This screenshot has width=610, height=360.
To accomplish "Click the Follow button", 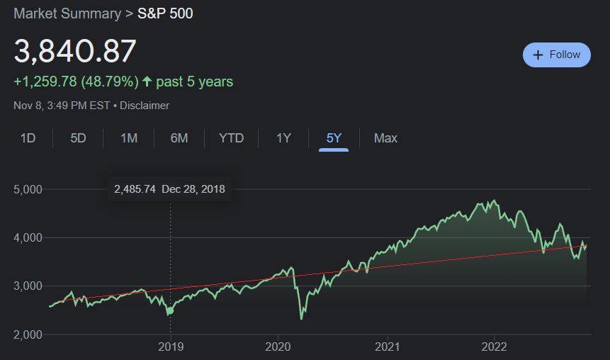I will point(556,55).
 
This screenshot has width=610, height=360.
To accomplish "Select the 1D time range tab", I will point(28,138).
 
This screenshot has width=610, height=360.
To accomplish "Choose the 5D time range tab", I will point(78,138).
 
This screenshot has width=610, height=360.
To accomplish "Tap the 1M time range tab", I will point(128,138).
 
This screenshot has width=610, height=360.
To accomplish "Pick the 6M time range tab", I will point(179,138).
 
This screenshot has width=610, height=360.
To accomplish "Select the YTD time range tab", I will point(231,138).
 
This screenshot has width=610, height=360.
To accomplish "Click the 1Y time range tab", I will point(283,138).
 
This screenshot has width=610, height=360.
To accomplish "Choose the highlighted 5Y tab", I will point(334,138).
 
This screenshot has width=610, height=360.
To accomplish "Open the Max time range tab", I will point(385,138).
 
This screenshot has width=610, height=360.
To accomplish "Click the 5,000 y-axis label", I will point(28,189).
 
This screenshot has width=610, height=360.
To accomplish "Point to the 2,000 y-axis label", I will point(28,334).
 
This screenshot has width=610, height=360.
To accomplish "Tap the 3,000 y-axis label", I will point(28,286).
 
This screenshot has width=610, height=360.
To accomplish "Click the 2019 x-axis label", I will point(170,347).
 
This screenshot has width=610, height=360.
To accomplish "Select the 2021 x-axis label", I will point(388,347).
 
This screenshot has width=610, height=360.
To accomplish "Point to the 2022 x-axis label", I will point(494,347).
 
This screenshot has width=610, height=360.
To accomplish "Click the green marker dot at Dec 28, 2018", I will point(170,310).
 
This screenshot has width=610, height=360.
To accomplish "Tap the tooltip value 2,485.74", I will point(135,189).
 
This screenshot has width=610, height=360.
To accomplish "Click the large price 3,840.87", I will point(75,51).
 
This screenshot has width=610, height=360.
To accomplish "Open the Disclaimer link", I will point(145,106).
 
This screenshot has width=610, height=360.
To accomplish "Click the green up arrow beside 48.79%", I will point(147,81).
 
